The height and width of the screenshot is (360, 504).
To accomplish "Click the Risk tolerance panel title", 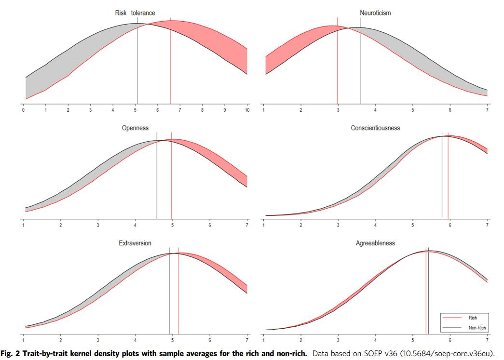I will click(135, 13).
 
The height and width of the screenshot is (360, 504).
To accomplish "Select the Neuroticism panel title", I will click(375, 13).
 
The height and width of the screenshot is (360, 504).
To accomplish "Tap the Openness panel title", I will click(135, 128).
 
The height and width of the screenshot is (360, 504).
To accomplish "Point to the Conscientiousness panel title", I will click(375, 128).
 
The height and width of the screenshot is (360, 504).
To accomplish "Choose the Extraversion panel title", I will click(135, 243).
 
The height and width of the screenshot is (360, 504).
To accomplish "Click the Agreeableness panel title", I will click(375, 243).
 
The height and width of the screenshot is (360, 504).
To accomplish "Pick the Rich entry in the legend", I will click(472, 318).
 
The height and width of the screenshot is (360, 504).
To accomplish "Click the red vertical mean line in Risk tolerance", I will click(170, 63).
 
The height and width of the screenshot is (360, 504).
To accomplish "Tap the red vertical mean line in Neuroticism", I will click(337, 63).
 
